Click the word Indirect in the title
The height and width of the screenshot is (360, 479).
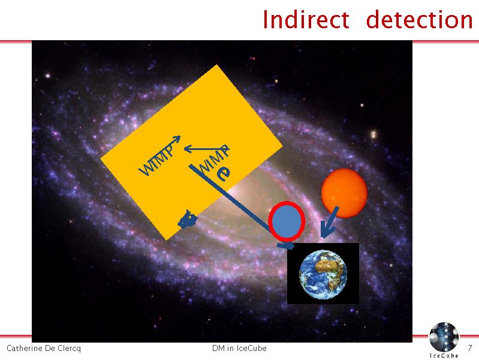[306, 19]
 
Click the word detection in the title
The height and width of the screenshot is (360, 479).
[420, 19]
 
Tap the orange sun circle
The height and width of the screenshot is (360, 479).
[344, 193]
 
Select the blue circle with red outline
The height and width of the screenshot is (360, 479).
[287, 221]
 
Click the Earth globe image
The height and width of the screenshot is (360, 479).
[323, 274]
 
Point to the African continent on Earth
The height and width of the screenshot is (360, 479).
[328, 265]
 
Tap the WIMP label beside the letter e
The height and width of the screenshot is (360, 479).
[214, 158]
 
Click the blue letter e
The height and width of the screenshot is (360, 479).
[224, 174]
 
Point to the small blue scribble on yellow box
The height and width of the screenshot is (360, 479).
[187, 219]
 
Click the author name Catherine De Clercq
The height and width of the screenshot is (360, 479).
[44, 348]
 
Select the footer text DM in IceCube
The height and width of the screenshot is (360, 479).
[239, 348]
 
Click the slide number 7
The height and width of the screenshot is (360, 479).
[470, 348]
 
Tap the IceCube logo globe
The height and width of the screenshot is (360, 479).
[444, 336]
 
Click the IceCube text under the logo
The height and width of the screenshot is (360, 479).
[444, 355]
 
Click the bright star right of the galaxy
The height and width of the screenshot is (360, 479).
[373, 134]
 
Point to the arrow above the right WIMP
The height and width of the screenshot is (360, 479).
[206, 149]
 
